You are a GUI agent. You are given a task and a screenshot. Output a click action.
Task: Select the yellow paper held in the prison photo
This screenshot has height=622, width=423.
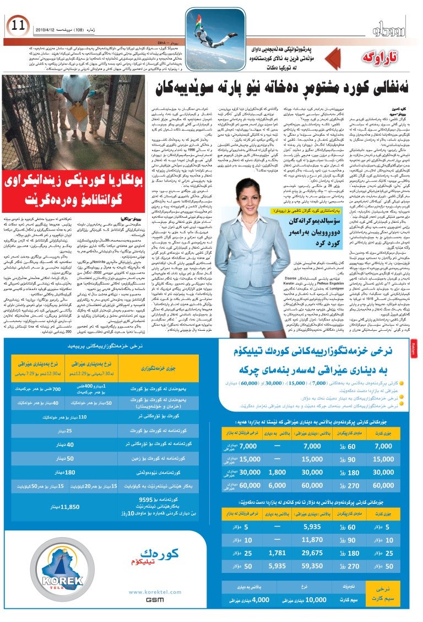coord(78,111)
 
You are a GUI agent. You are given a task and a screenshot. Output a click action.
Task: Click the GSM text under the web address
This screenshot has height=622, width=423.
coord(155,599)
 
